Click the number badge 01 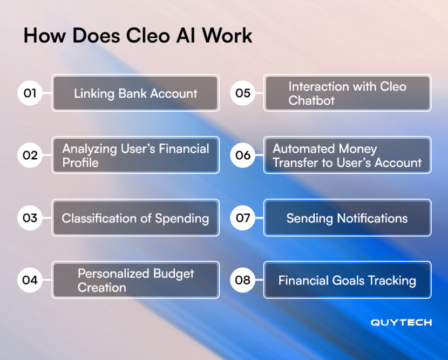pos(30,93)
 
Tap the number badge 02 pos(30,155)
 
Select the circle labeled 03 pos(30,218)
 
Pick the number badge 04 pos(30,280)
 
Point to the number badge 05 pos(243,93)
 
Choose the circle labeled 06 pos(243,155)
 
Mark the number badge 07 pos(243,218)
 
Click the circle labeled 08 pos(243,280)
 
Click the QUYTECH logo pos(401,323)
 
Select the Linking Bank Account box pos(135,93)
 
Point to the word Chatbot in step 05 pos(311,100)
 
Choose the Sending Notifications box pos(347,218)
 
